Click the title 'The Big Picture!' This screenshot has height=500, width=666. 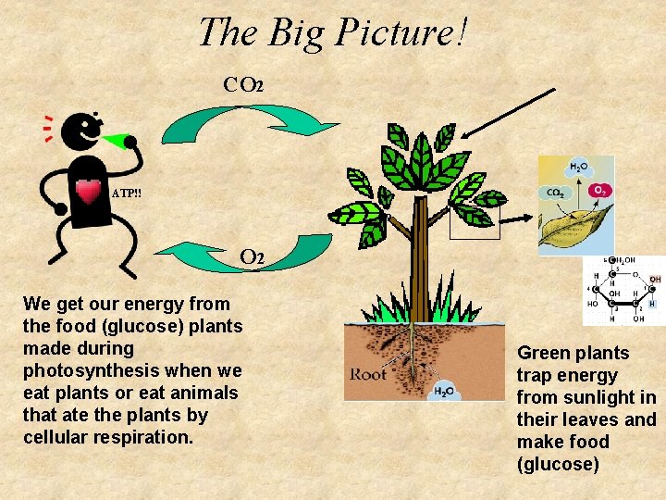click(333, 32)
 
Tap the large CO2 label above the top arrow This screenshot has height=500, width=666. click(244, 85)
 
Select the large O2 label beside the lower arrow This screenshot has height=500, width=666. click(253, 256)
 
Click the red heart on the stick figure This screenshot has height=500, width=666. click(89, 192)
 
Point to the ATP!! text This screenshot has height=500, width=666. click(127, 194)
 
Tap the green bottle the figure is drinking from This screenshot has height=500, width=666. click(117, 142)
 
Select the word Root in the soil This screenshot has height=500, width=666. click(368, 375)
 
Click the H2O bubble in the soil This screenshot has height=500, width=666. click(443, 390)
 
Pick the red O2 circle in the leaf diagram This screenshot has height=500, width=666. click(600, 190)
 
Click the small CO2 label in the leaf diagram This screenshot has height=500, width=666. click(556, 194)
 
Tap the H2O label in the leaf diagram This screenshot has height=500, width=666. click(578, 168)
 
